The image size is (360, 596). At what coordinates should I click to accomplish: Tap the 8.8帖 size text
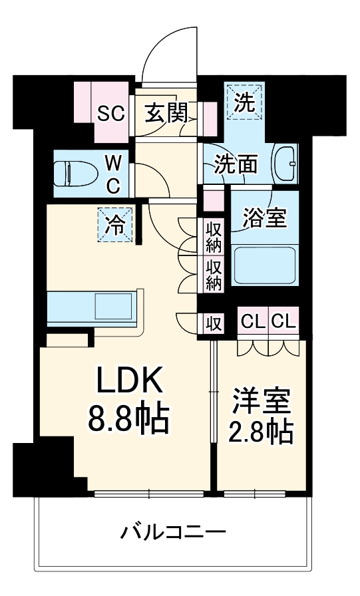pyautogui.click(x=130, y=418)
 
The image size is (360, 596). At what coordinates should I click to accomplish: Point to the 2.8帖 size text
pyautogui.click(x=261, y=432)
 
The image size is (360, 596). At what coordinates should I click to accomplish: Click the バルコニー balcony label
pyautogui.click(x=174, y=532)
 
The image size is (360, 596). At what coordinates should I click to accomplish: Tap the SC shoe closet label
pyautogui.click(x=111, y=113)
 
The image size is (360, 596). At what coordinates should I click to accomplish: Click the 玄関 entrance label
pyautogui.click(x=166, y=113)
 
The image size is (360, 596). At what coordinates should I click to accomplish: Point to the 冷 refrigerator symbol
pyautogui.click(x=116, y=225)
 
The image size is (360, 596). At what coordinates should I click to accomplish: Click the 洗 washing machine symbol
pyautogui.click(x=244, y=103)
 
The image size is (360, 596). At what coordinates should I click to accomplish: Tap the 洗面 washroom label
pyautogui.click(x=235, y=164)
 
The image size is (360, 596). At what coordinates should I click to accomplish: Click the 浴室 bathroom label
pyautogui.click(x=264, y=218)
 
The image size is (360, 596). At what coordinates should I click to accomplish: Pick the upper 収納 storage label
pyautogui.click(x=214, y=236)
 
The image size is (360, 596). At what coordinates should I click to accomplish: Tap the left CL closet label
pyautogui.click(x=252, y=323)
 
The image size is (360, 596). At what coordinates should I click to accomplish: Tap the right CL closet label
pyautogui.click(x=282, y=323)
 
